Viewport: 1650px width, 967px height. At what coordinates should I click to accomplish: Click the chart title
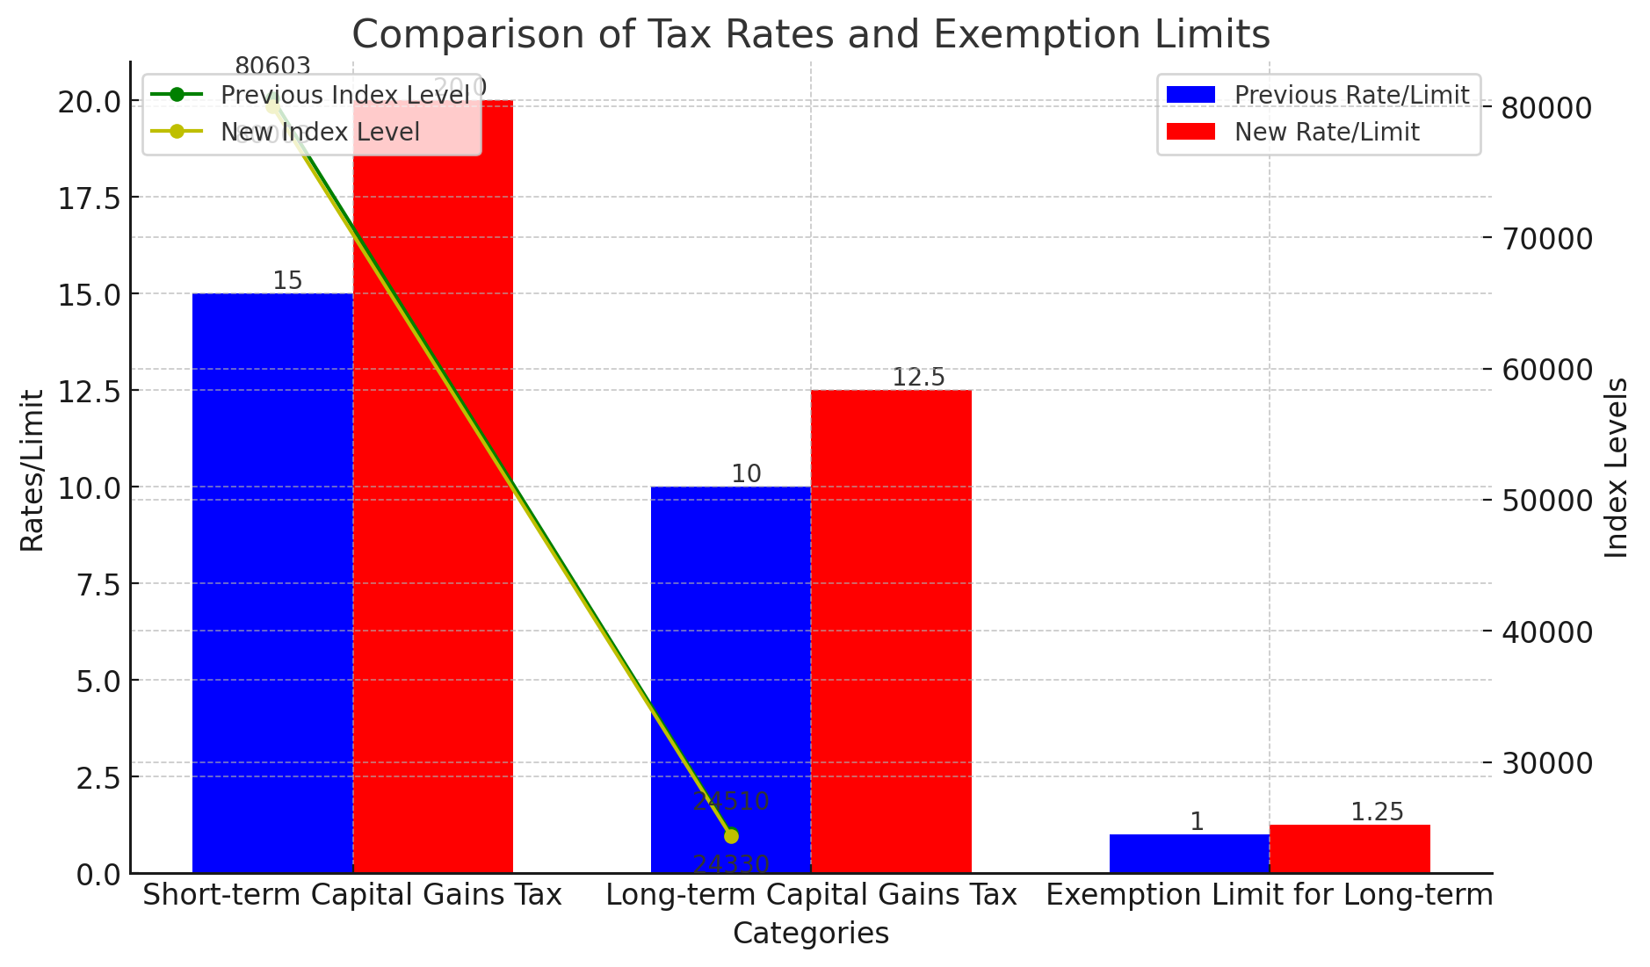tap(810, 35)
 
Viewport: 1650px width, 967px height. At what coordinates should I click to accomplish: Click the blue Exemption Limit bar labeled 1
tap(1189, 854)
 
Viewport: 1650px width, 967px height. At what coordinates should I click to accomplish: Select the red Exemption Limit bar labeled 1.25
tap(1350, 848)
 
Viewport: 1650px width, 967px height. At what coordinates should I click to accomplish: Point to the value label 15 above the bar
tap(287, 281)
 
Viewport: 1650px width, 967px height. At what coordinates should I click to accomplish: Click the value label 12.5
tap(918, 378)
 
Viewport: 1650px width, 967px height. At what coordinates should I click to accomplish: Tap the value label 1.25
tap(1377, 812)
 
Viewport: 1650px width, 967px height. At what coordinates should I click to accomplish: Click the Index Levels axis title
tap(1616, 467)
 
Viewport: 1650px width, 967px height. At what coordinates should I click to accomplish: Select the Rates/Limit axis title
tap(33, 470)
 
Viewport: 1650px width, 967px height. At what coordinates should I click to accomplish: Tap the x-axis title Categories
tap(810, 934)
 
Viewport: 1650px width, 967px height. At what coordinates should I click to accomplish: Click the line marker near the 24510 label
tap(731, 835)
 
